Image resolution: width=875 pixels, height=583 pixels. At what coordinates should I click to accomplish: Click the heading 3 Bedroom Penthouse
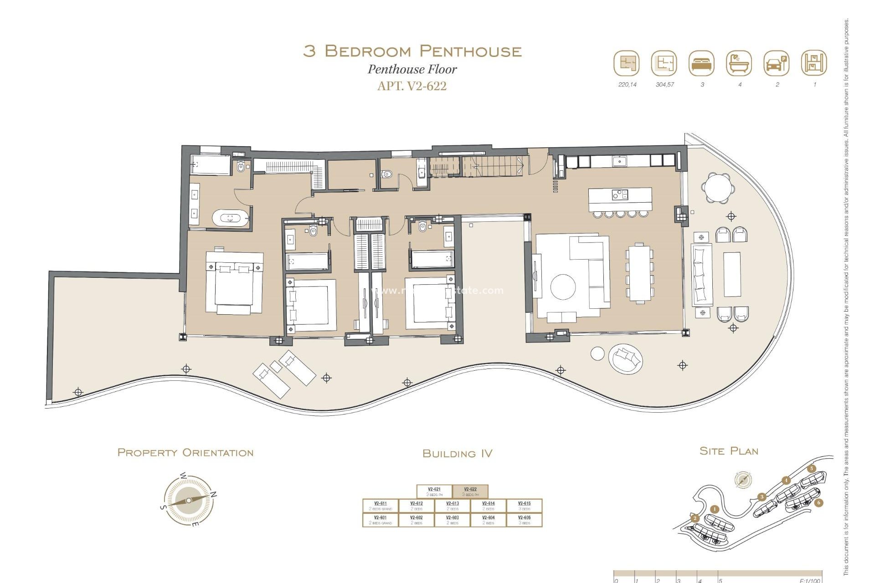412,51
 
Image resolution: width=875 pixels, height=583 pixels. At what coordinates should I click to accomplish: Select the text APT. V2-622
412,86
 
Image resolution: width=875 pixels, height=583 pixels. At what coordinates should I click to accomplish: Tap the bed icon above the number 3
702,63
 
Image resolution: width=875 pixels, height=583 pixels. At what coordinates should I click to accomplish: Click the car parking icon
777,63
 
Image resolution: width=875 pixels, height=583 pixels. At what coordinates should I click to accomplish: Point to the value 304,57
664,85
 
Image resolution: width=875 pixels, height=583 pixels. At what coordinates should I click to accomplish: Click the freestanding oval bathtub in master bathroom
231,218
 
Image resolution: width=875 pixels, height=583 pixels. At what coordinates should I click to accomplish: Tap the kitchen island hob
620,194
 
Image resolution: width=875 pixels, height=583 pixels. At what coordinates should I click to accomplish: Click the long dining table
640,273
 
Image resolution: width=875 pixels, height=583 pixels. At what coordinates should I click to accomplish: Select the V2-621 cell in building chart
434,491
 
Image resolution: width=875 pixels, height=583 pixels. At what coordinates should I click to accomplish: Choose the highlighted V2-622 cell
470,491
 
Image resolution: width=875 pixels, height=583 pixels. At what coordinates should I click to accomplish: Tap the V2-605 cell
524,520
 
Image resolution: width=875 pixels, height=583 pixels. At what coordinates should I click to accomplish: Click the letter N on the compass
214,495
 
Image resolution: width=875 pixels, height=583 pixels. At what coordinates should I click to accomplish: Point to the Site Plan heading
729,451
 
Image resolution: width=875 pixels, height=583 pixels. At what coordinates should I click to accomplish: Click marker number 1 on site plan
715,509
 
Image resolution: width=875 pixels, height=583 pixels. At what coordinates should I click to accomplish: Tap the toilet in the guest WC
387,174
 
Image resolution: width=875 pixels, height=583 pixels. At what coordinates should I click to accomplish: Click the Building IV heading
457,453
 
